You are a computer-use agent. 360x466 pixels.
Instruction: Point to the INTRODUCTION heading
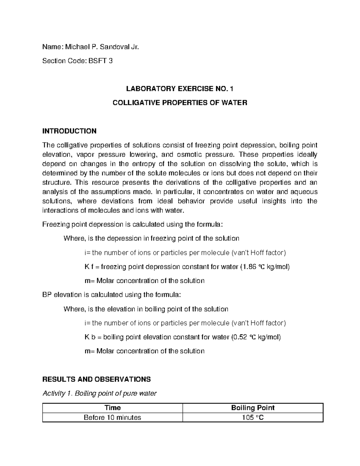click(69, 131)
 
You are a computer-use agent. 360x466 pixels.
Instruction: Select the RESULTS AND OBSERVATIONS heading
click(96, 379)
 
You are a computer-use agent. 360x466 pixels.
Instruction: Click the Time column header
click(112, 408)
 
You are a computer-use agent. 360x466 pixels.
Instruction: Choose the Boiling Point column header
click(253, 408)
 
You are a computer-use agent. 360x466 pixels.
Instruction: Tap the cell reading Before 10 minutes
click(112, 417)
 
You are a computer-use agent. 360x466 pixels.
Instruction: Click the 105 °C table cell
click(253, 417)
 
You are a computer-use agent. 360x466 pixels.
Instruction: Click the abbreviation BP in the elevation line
click(47, 295)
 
